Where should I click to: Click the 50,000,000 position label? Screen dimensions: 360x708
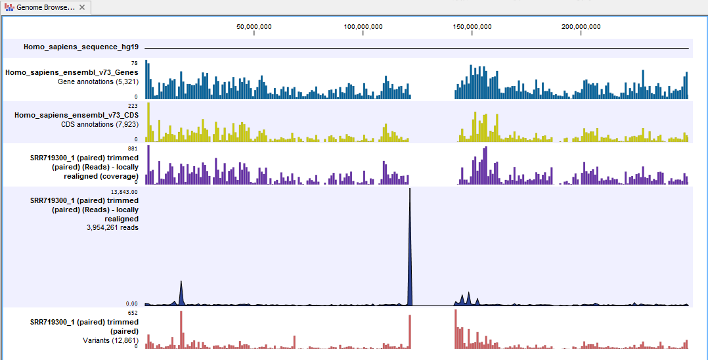click(254, 27)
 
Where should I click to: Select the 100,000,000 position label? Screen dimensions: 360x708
click(363, 27)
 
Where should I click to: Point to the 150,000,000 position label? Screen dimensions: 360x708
click(472, 27)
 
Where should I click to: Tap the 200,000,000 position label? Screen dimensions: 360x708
click(581, 27)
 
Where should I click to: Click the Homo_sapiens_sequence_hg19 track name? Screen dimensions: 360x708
click(81, 47)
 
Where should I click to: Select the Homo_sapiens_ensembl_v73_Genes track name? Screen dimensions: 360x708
click(72, 73)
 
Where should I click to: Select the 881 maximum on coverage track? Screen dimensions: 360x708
click(133, 148)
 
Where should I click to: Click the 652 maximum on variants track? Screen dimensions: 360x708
click(133, 313)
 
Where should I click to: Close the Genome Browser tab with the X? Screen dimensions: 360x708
click(81, 7)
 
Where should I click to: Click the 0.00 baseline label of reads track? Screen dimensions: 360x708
click(131, 304)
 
